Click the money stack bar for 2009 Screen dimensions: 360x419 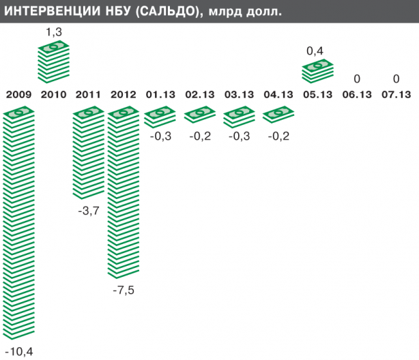18,225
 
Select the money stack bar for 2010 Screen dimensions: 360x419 54,61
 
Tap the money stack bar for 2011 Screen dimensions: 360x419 89,154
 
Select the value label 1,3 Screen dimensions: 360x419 54,32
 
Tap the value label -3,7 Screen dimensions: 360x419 89,211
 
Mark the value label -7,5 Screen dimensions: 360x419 124,290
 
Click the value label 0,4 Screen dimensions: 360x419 315,51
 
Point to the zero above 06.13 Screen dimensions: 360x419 357,78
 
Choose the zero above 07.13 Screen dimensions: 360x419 396,78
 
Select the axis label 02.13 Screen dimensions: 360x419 199,95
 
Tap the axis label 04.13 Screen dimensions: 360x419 278,95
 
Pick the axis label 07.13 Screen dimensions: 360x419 396,95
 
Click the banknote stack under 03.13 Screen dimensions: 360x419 239,117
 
